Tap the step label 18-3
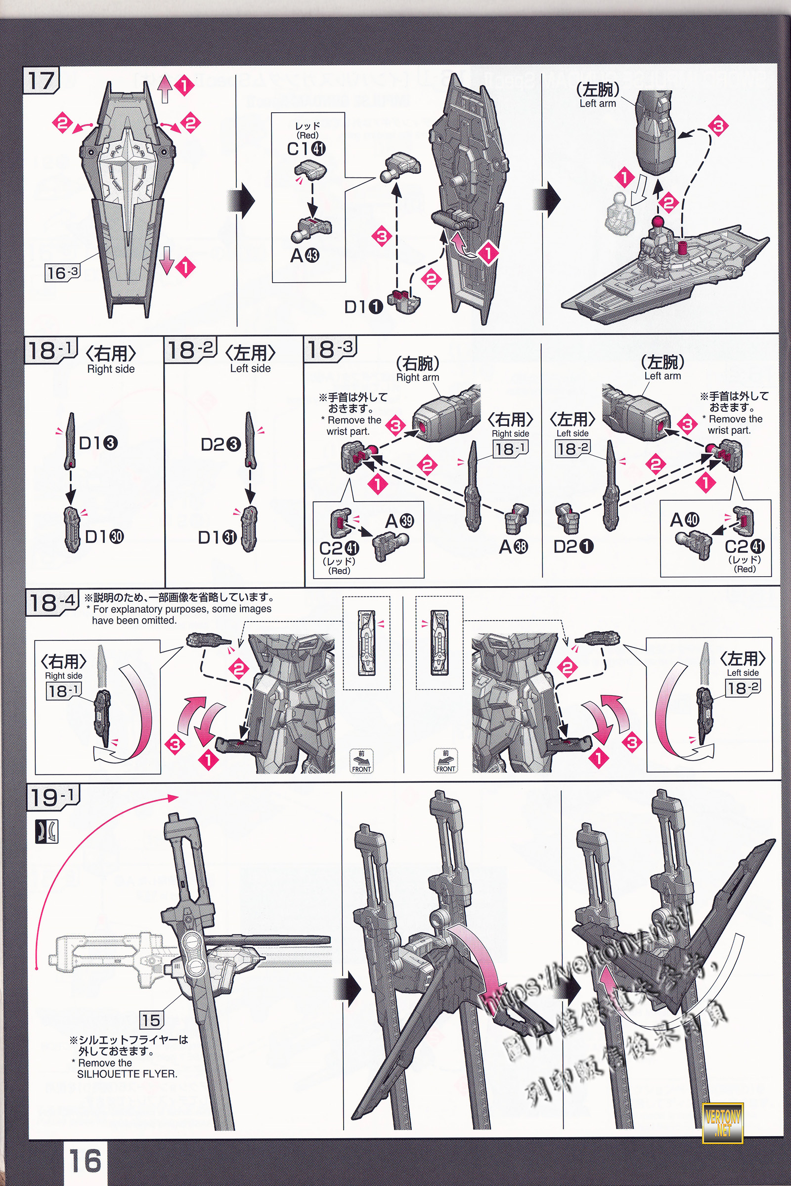pyautogui.click(x=330, y=349)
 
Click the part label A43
pyautogui.click(x=304, y=255)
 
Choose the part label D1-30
pyautogui.click(x=104, y=537)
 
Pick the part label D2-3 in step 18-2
pyautogui.click(x=220, y=444)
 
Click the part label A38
pyautogui.click(x=513, y=547)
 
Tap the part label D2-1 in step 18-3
pyautogui.click(x=573, y=546)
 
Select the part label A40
pyautogui.click(x=685, y=519)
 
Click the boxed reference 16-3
pyautogui.click(x=62, y=273)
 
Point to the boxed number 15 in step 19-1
pyautogui.click(x=150, y=1020)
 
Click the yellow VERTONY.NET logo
pyautogui.click(x=722, y=1119)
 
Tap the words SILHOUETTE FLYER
pyautogui.click(x=127, y=1074)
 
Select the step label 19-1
pyautogui.click(x=53, y=797)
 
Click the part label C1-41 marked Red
pyautogui.click(x=306, y=148)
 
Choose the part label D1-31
pyautogui.click(x=217, y=538)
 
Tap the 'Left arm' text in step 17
pyautogui.click(x=597, y=103)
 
